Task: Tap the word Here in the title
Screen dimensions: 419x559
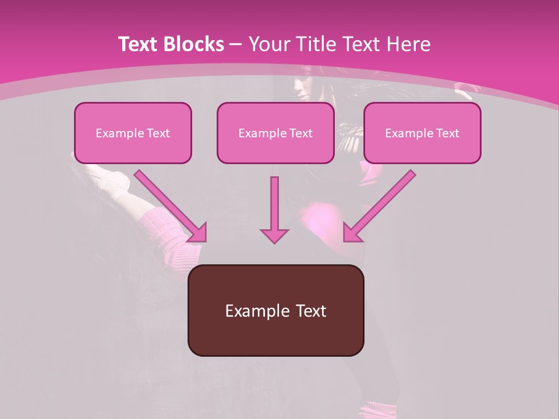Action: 408,44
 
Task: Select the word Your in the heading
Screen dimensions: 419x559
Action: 268,44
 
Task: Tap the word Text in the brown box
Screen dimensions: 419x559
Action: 310,311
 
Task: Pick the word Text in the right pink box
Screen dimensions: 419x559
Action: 447,133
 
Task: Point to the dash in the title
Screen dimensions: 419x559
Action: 236,44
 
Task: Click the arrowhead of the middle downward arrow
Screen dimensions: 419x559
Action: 274,235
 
